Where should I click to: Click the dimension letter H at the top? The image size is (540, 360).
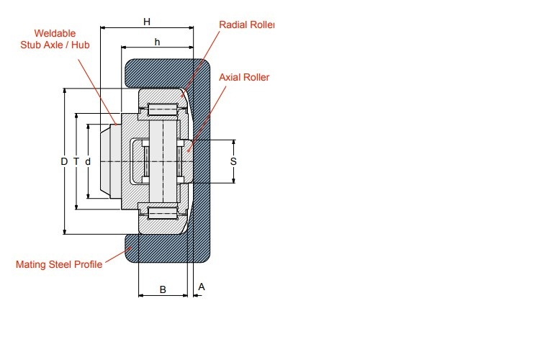click(x=147, y=22)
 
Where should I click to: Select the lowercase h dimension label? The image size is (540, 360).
click(x=158, y=42)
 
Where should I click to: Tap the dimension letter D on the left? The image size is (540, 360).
click(x=64, y=161)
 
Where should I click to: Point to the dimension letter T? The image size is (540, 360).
click(x=76, y=161)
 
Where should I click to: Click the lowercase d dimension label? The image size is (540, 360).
click(x=88, y=161)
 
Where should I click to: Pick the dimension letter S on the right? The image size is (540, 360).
click(x=233, y=161)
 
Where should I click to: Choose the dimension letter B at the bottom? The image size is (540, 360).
click(x=163, y=289)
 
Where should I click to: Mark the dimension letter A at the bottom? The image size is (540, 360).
click(x=202, y=287)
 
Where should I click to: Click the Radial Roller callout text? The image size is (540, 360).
click(x=246, y=24)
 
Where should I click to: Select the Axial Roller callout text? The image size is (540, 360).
click(x=244, y=77)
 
